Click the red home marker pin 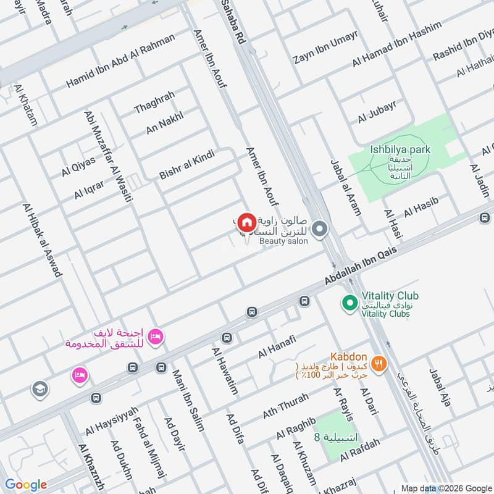pyautogui.click(x=247, y=222)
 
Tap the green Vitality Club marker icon pyautogui.click(x=350, y=303)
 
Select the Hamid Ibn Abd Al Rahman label pyautogui.click(x=120, y=61)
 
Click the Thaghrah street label pyautogui.click(x=154, y=102)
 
